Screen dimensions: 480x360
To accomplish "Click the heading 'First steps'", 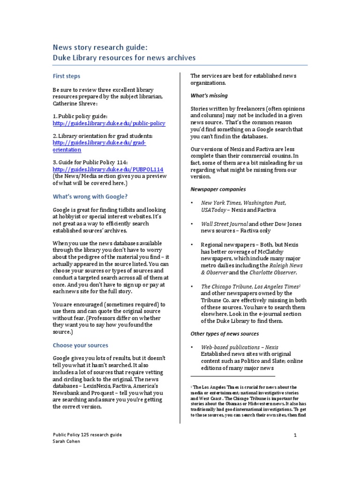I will click(x=66, y=76).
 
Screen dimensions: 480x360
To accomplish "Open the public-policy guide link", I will click(x=109, y=123).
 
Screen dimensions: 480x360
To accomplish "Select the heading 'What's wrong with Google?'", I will click(x=90, y=196).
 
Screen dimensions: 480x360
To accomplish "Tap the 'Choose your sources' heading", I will click(x=80, y=345).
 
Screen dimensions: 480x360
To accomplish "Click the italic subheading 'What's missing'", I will click(x=209, y=96).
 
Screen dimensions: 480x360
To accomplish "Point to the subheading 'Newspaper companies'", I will click(x=217, y=189).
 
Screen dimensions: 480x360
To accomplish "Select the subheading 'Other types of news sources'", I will click(x=224, y=334).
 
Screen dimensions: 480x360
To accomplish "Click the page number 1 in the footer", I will click(x=295, y=435).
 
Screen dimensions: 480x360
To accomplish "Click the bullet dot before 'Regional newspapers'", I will click(x=192, y=245).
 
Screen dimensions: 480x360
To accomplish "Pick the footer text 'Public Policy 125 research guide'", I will click(x=87, y=435).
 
